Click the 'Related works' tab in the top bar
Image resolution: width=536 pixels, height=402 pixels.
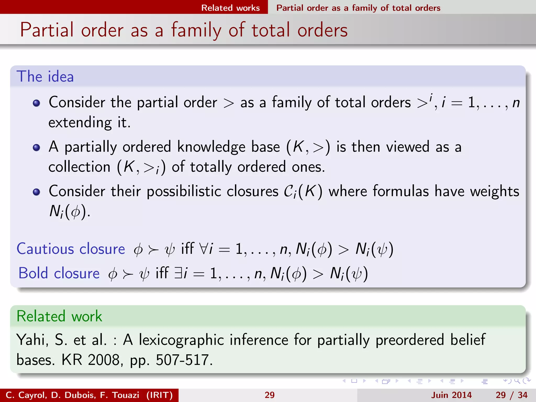230,8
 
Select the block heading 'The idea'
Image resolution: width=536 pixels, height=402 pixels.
45,76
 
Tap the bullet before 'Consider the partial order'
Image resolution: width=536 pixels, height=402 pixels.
36,103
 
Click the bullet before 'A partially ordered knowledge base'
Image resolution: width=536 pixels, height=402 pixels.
36,147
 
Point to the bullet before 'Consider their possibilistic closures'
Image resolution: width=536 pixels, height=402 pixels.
36,192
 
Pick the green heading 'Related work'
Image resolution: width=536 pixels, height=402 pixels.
59,316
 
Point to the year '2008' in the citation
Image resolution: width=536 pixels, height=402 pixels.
104,360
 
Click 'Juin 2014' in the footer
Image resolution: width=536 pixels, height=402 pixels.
451,395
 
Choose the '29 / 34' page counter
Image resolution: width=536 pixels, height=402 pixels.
511,395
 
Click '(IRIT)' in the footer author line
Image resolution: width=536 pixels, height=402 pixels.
159,395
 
